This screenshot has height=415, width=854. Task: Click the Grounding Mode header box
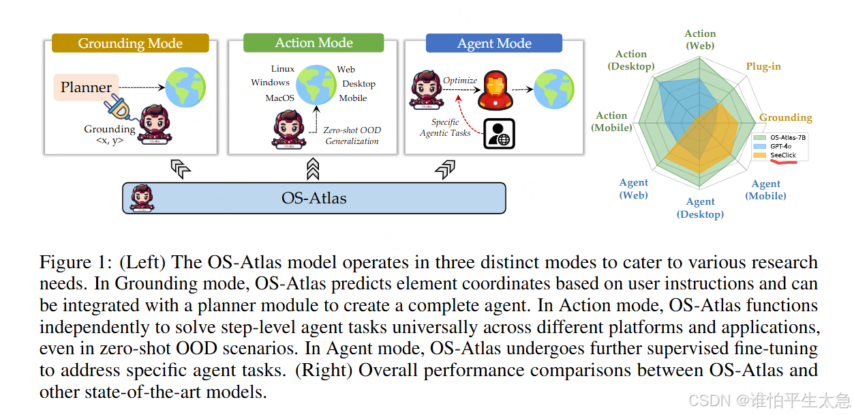(x=130, y=44)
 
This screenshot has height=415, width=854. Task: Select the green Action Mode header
(x=314, y=43)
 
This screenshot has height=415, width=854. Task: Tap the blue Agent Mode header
(x=494, y=44)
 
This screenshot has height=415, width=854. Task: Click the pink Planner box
(x=86, y=87)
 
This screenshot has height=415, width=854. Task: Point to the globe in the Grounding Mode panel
(x=185, y=87)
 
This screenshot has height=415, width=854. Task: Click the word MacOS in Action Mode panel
(x=280, y=98)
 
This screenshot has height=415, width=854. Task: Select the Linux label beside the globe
(x=283, y=69)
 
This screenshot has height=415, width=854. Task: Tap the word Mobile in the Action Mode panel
(x=353, y=98)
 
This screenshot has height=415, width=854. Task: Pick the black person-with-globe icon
(x=499, y=133)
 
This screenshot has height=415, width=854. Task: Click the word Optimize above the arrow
(x=460, y=81)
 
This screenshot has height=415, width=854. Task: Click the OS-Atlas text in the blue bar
(x=314, y=199)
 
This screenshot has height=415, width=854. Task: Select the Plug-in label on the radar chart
(x=763, y=66)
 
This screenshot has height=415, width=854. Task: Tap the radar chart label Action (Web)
(x=700, y=39)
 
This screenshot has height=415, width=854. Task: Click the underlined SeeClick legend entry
(x=783, y=156)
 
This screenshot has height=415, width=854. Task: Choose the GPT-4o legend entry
(x=782, y=146)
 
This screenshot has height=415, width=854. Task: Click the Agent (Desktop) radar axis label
(x=700, y=208)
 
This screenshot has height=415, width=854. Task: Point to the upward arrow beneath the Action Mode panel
(x=313, y=168)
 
